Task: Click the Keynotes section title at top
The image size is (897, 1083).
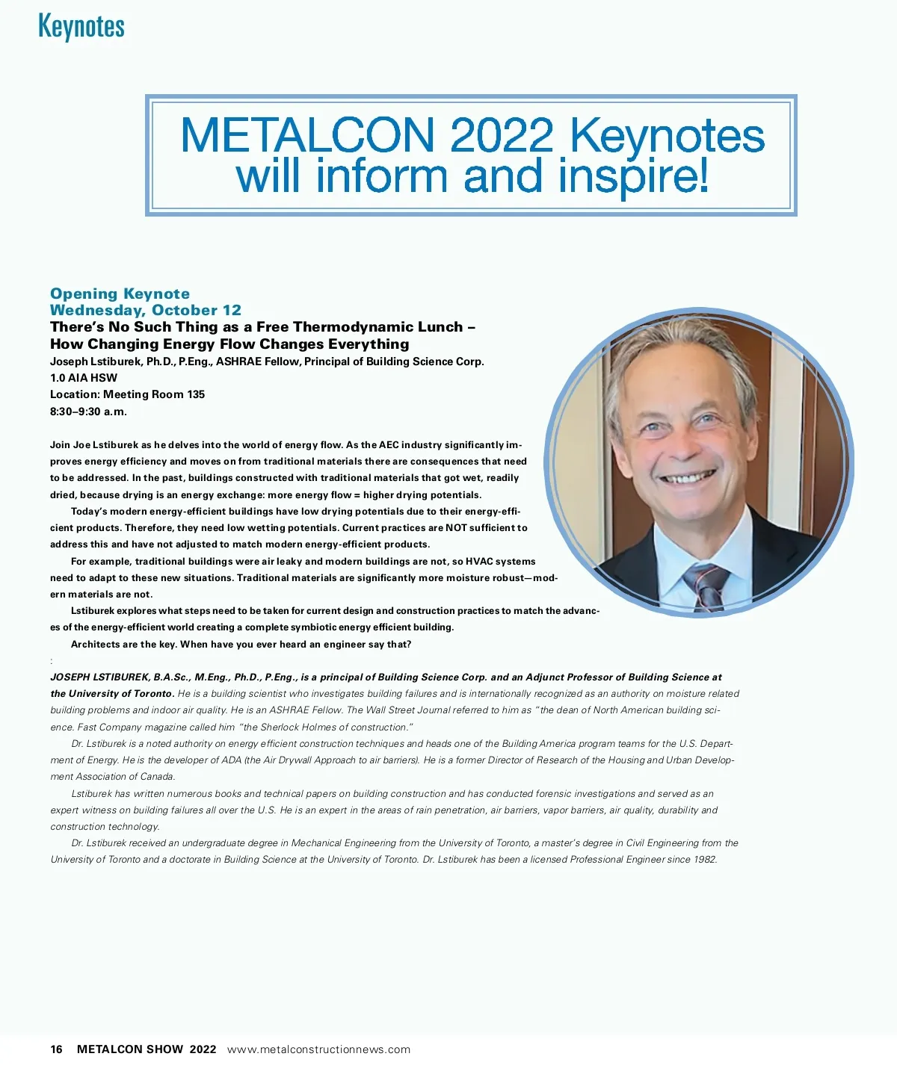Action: click(81, 26)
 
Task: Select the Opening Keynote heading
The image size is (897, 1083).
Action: click(120, 294)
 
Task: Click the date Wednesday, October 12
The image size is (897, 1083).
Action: click(146, 310)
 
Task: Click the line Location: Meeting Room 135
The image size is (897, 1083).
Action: click(127, 394)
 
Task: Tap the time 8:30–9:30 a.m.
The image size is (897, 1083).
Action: click(88, 412)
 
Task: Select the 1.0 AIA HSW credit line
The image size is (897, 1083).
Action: click(84, 378)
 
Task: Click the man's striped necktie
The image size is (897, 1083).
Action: click(704, 586)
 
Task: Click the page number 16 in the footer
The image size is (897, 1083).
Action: click(57, 1049)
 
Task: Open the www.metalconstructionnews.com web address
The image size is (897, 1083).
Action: click(318, 1049)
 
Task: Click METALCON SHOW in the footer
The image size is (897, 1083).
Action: click(130, 1049)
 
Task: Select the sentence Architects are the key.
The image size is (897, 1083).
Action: click(124, 645)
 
